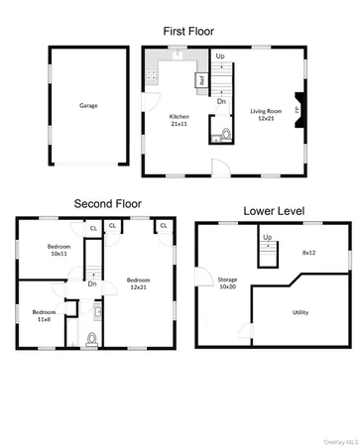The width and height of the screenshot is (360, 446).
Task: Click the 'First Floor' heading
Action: (x=180, y=31)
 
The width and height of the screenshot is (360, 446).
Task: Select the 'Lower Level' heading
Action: (x=274, y=211)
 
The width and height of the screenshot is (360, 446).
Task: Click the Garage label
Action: (x=88, y=104)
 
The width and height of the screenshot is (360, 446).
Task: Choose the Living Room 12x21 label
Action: (x=265, y=114)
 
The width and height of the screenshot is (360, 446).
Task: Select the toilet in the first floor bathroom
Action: (x=225, y=134)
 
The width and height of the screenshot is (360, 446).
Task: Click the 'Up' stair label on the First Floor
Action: (x=220, y=56)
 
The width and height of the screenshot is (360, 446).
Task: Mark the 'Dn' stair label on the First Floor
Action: (x=220, y=101)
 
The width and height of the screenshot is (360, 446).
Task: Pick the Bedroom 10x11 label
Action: (x=58, y=250)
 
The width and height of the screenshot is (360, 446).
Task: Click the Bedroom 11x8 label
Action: (x=44, y=316)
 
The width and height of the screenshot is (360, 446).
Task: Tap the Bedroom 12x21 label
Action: (x=138, y=284)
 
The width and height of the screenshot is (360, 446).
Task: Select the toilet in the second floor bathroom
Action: (x=92, y=338)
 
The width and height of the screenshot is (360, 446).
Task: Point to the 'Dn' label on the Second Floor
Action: (x=91, y=283)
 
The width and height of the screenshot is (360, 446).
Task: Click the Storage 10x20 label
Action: (x=227, y=283)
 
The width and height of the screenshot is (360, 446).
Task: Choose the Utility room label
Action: (x=300, y=311)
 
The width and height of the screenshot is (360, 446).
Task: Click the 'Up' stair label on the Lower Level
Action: (x=267, y=238)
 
